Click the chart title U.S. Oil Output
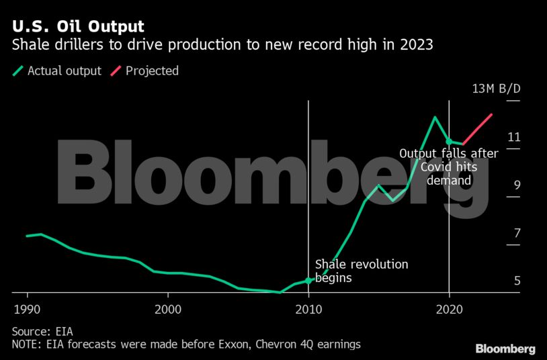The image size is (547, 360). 78,28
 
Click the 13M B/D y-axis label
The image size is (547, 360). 497,89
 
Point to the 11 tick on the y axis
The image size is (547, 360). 514,137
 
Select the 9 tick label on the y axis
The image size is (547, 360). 517,185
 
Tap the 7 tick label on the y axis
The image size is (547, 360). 517,233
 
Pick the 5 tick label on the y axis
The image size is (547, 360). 517,281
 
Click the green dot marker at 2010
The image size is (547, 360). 308,281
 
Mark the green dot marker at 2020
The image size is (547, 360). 449,141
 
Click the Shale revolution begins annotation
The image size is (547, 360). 362,271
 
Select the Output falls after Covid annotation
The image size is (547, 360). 449,167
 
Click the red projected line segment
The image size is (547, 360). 478,129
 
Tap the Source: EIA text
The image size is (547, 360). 42,331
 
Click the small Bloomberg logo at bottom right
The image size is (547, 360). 505,349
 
